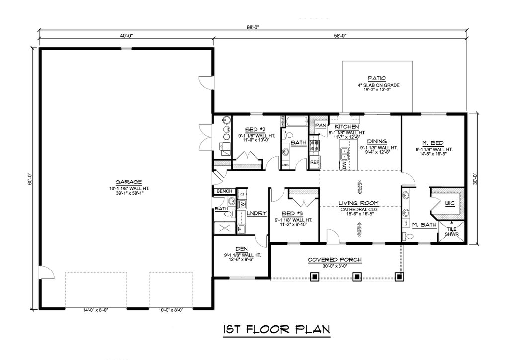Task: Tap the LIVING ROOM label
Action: (359, 203)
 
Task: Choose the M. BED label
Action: (430, 143)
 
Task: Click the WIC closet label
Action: (449, 203)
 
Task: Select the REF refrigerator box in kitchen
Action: (314, 162)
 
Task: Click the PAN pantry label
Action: (320, 126)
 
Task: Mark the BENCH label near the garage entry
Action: (222, 191)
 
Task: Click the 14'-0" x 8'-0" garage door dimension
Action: (95, 310)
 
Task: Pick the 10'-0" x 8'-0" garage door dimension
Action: (170, 310)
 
